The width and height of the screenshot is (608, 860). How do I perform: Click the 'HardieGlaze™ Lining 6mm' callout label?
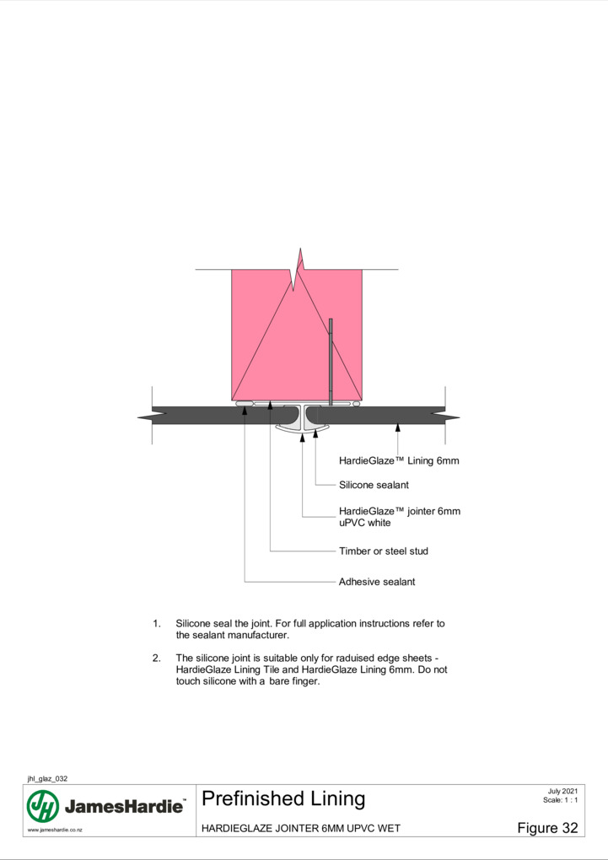pyautogui.click(x=399, y=460)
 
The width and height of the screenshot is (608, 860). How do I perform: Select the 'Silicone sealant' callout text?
pyautogui.click(x=374, y=485)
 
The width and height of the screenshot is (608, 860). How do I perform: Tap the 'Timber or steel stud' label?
pyautogui.click(x=384, y=551)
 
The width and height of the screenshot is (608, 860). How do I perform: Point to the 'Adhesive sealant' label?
pyautogui.click(x=377, y=582)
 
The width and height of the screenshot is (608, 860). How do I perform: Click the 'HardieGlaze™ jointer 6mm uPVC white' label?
pyautogui.click(x=400, y=517)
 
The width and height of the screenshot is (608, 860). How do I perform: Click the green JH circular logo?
pyautogui.click(x=43, y=806)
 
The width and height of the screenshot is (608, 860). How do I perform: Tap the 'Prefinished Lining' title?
pyautogui.click(x=283, y=798)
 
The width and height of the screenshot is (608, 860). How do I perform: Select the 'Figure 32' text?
pyautogui.click(x=547, y=828)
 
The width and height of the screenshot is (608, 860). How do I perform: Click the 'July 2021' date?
pyautogui.click(x=562, y=791)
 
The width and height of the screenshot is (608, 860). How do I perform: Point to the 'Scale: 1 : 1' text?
pyautogui.click(x=560, y=800)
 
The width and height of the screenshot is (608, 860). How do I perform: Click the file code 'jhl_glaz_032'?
pyautogui.click(x=47, y=778)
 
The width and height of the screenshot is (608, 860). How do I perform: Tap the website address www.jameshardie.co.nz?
pyautogui.click(x=55, y=830)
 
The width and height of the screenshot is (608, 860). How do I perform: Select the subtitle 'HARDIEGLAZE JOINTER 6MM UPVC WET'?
pyautogui.click(x=301, y=828)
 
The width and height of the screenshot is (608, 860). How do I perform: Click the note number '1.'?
pyautogui.click(x=157, y=624)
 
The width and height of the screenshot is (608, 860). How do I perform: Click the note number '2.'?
pyautogui.click(x=157, y=658)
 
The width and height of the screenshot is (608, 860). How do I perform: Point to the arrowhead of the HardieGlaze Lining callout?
pyautogui.click(x=398, y=427)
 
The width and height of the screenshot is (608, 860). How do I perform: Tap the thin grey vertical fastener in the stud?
pyautogui.click(x=331, y=362)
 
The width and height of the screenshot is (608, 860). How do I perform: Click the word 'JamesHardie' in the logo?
pyautogui.click(x=124, y=806)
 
